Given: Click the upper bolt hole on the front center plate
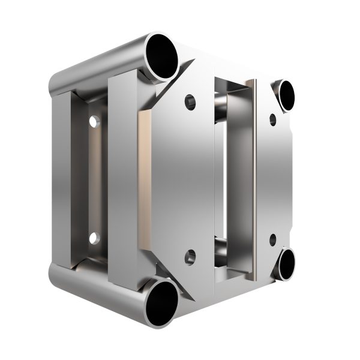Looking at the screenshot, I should (190, 100).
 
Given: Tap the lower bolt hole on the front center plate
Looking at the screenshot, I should (190, 259).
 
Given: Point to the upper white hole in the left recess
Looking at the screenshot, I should (93, 122).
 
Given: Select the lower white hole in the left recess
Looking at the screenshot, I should (94, 238).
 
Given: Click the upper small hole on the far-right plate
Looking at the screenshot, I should (273, 119).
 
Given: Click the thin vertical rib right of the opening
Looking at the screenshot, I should (256, 180).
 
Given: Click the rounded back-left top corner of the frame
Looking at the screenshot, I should (55, 81).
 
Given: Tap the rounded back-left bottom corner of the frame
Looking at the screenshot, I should (56, 276).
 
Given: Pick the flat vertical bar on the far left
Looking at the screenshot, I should (60, 180).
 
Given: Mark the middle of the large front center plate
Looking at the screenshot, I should (180, 180).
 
